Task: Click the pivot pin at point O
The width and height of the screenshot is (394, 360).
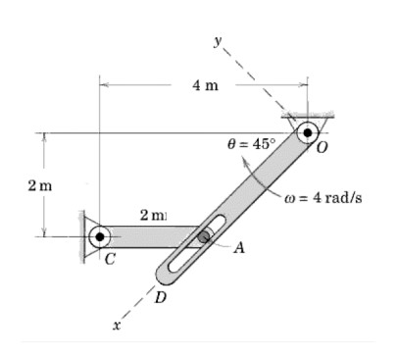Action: (x=309, y=132)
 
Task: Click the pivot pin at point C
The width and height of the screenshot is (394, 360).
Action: (x=99, y=236)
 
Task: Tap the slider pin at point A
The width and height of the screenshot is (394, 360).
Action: (x=204, y=236)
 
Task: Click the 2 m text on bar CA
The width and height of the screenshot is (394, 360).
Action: (x=153, y=215)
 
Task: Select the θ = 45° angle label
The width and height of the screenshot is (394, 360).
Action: (x=252, y=143)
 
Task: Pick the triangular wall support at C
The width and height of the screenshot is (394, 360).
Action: (x=86, y=236)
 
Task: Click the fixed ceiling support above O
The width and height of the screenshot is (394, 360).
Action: (x=308, y=114)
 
